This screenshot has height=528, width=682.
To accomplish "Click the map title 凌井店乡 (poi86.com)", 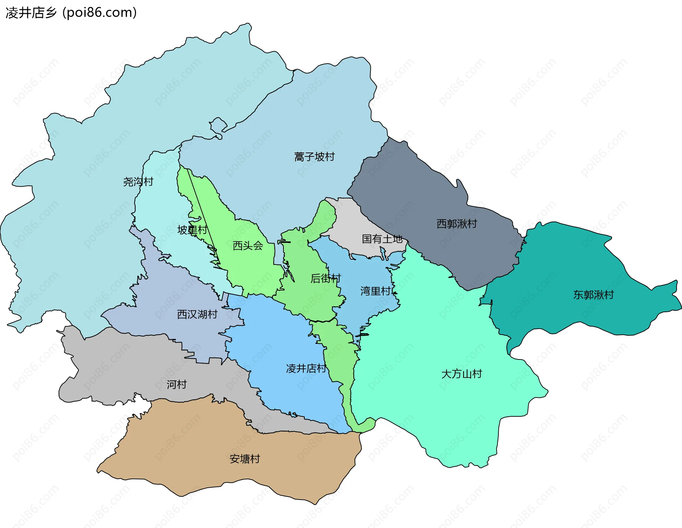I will (x=71, y=13).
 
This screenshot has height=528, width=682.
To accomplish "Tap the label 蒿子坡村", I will (x=314, y=157).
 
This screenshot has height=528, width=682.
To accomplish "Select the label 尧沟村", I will (x=138, y=182).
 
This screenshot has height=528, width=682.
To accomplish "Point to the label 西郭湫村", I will (x=456, y=224).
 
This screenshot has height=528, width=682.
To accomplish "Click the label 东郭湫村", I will (x=593, y=295).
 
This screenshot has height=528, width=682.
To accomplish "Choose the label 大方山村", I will (x=461, y=374).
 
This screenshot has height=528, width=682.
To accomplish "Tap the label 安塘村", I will (x=245, y=459).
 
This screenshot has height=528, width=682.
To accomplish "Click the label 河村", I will (x=177, y=384).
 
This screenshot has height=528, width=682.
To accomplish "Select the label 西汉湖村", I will (x=197, y=314).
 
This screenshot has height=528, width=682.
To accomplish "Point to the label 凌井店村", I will (x=306, y=368).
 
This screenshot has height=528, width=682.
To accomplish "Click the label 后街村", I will (x=325, y=278).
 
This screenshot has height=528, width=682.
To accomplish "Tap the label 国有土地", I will (x=382, y=239).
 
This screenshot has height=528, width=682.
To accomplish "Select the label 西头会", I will (x=248, y=246).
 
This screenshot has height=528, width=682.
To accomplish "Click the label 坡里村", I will (x=192, y=230).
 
